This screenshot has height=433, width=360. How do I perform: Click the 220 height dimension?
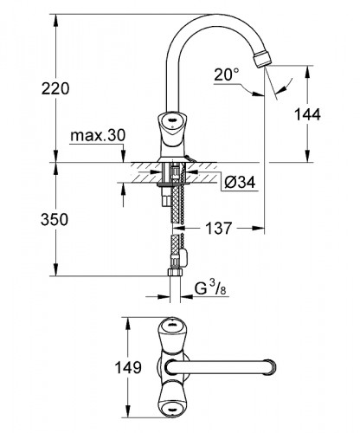(29, 88)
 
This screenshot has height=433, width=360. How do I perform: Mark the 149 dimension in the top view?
(128, 368)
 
